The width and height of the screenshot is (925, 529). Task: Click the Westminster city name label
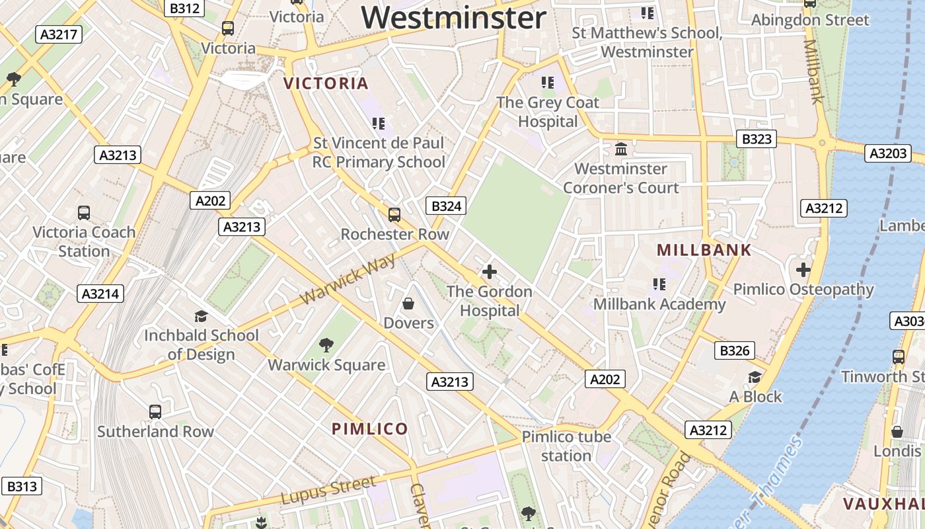(x=454, y=17)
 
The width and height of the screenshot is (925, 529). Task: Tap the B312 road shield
(x=184, y=8)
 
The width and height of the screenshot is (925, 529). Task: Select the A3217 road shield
(x=59, y=34)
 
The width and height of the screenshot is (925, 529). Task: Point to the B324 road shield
(x=446, y=206)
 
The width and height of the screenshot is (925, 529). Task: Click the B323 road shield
(x=756, y=139)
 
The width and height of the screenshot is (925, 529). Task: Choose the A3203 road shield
(x=888, y=153)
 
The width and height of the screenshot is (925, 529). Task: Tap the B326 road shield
(x=734, y=350)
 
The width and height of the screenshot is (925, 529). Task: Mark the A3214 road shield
(x=100, y=294)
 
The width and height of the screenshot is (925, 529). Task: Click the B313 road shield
(x=22, y=487)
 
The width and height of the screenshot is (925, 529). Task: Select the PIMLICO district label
(x=370, y=428)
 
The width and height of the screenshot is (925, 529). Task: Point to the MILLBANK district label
(x=704, y=250)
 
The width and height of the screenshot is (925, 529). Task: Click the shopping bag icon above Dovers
(x=408, y=304)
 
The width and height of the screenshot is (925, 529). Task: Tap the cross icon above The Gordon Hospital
(x=490, y=272)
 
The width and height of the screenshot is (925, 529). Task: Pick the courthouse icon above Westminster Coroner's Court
(x=620, y=149)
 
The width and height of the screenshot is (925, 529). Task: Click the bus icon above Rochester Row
(x=394, y=214)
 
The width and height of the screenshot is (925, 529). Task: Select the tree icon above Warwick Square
(x=326, y=345)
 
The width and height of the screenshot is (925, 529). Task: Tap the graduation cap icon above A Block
(x=755, y=377)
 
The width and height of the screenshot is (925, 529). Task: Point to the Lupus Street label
(x=328, y=491)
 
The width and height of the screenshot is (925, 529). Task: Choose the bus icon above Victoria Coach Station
(x=84, y=213)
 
